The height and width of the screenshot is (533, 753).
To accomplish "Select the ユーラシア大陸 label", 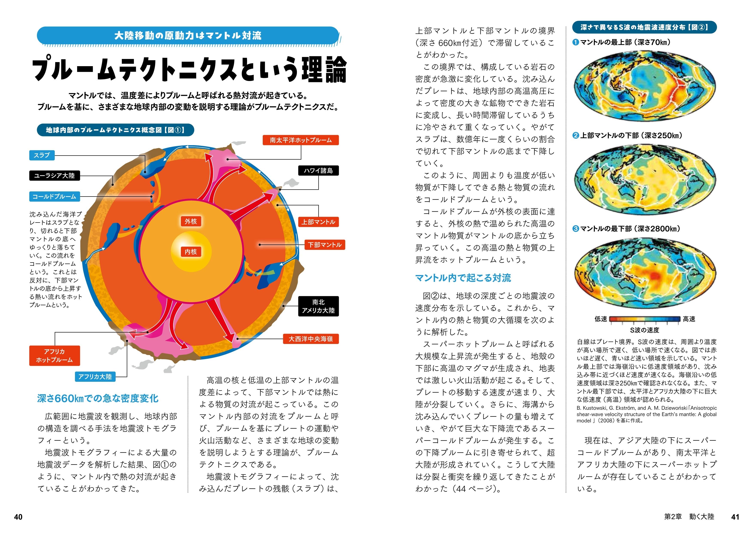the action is [x=55, y=176].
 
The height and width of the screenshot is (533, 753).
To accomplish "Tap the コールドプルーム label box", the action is [x=55, y=197].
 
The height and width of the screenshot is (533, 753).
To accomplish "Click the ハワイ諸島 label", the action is [x=318, y=171].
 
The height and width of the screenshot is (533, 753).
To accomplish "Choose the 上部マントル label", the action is [x=318, y=222].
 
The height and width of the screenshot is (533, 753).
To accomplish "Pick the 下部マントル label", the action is [x=325, y=245].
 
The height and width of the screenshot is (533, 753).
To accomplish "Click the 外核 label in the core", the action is [x=191, y=221].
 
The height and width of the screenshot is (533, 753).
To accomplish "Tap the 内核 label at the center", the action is [x=191, y=252].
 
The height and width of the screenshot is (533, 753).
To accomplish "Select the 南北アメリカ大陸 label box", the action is [x=318, y=306].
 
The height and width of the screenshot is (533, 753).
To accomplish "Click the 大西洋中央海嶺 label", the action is [x=310, y=339].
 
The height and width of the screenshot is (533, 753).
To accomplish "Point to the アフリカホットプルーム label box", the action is [x=55, y=356].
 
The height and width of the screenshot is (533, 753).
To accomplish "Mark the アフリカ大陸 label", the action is [x=95, y=376].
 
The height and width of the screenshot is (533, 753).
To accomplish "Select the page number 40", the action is [x=18, y=517].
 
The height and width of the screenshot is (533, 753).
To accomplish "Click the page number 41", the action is [x=735, y=517].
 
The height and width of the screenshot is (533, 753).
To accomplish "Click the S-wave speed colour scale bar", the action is [x=645, y=319].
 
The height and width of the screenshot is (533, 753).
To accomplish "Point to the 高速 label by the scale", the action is [x=689, y=319].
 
